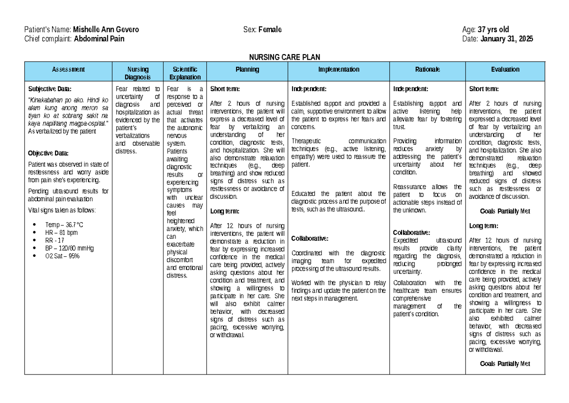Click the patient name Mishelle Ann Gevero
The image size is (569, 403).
tap(106, 30)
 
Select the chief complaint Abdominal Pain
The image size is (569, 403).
tap(99, 39)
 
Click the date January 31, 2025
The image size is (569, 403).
tap(506, 39)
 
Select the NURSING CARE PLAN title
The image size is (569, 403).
tap(284, 56)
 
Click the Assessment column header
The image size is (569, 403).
tap(69, 70)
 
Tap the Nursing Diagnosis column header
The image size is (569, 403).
tap(138, 73)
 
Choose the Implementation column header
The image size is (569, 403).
tap(339, 70)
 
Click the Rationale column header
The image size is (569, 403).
tap(428, 70)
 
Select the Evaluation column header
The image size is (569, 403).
tap(505, 70)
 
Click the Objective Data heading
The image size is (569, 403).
tap(48, 153)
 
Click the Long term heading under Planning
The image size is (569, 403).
tap(224, 211)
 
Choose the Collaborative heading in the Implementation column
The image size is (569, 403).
tap(310, 238)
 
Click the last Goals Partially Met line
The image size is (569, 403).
tap(505, 364)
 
